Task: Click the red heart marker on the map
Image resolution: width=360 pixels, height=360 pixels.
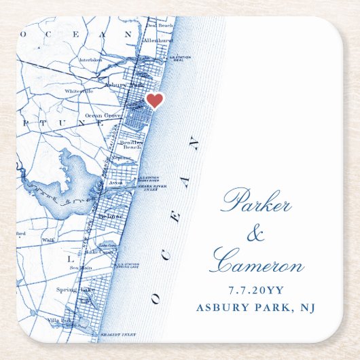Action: tap(155, 101)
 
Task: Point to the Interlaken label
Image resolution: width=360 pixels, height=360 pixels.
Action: tap(90, 59)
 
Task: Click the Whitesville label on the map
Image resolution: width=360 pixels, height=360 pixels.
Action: tap(79, 90)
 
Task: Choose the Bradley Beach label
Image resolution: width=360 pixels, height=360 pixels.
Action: tap(131, 143)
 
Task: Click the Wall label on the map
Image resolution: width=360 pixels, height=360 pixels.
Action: tap(48, 240)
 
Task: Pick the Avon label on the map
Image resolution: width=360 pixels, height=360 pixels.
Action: tap(113, 183)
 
